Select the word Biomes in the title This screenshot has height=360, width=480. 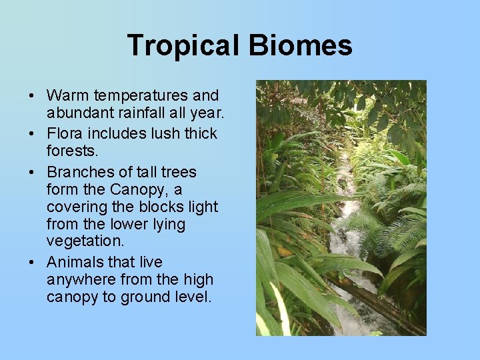click(301, 46)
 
